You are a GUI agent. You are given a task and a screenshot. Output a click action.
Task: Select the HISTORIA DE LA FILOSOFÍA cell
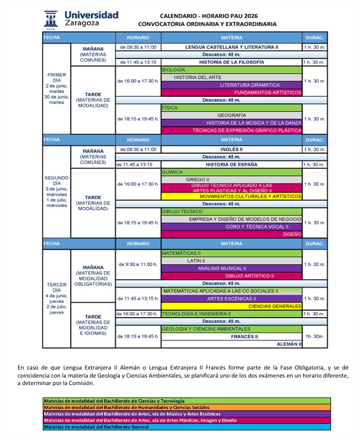(232, 62)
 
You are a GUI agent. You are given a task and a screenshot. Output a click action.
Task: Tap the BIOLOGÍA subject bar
(231, 70)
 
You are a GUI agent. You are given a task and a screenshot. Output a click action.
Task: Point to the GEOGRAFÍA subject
(232, 115)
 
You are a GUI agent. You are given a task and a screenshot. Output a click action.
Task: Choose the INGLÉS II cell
(232, 149)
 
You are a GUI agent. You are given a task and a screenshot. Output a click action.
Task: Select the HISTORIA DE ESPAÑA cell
(232, 165)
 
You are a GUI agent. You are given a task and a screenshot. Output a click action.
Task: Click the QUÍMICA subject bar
(231, 172)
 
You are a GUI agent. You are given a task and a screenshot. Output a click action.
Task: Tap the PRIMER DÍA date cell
(57, 89)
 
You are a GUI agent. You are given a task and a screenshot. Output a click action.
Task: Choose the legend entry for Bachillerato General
(187, 427)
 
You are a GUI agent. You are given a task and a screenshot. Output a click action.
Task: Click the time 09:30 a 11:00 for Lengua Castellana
(138, 47)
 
